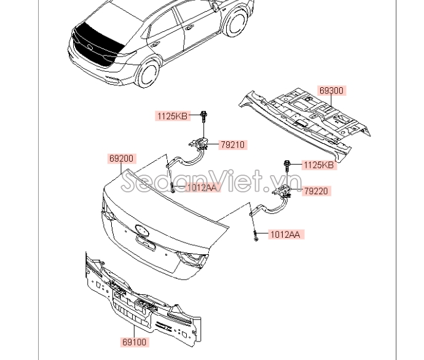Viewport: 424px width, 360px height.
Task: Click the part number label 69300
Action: [x=331, y=90]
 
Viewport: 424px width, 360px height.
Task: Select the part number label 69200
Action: [x=121, y=158]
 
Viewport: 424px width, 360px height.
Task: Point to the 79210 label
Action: [x=232, y=145]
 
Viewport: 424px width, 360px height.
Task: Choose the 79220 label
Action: [x=317, y=191]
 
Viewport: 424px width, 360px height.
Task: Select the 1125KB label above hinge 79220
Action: [x=320, y=165]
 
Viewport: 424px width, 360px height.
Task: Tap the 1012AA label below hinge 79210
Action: [x=202, y=187]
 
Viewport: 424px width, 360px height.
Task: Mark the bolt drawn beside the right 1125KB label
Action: [x=288, y=164]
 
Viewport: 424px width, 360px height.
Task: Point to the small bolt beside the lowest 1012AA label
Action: [x=254, y=235]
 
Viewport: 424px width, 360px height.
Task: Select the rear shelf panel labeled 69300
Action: [x=307, y=117]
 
